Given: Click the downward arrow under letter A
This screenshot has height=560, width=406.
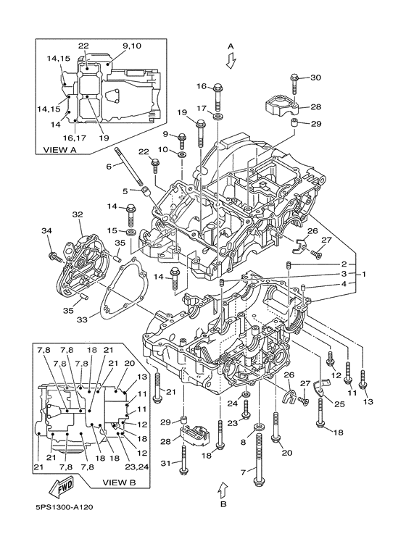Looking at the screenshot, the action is pos(231,60).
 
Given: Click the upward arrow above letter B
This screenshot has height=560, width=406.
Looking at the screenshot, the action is pos(223,489).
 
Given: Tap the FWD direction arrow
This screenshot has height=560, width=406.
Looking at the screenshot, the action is pos(61,487).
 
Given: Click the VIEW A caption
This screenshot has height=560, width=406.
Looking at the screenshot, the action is pos(60,150).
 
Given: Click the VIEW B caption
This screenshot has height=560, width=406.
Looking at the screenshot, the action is pos(120,482).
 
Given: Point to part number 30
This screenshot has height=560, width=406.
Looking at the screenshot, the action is pos(315,78).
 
